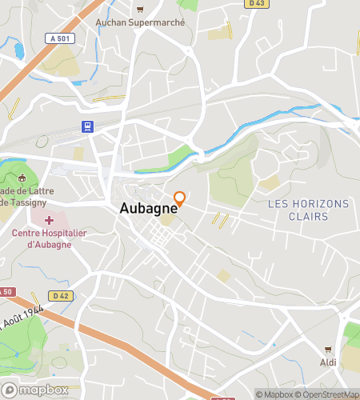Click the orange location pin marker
pyautogui.click(x=180, y=198)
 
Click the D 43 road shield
pyautogui.click(x=256, y=4)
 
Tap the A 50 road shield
pyautogui.click(x=6, y=291)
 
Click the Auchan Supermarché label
pyautogui.click(x=140, y=22)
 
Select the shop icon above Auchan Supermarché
pyautogui.click(x=140, y=10)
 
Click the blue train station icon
pyautogui.click(x=86, y=126)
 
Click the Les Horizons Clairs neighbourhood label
pyautogui.click(x=308, y=210)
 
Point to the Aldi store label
pyautogui.click(x=329, y=362)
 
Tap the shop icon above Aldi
pyautogui.click(x=328, y=350)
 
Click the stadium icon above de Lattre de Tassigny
pyautogui.click(x=22, y=178)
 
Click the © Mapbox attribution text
pyautogui.click(x=274, y=394)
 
